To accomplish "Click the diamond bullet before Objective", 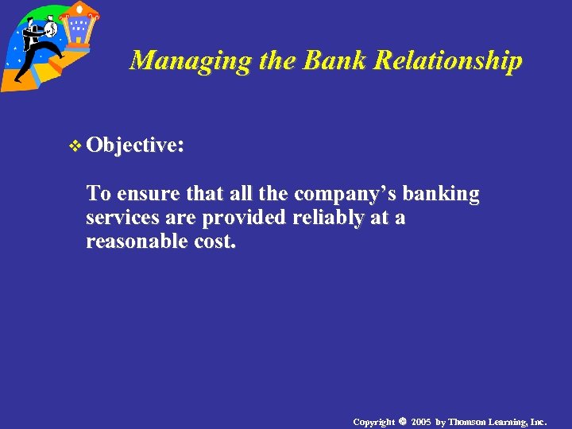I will click(x=76, y=145).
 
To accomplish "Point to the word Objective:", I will click(x=136, y=145).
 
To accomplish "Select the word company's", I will click(x=347, y=194).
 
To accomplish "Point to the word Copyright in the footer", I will click(x=373, y=421).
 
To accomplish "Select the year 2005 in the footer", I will click(x=421, y=421).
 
